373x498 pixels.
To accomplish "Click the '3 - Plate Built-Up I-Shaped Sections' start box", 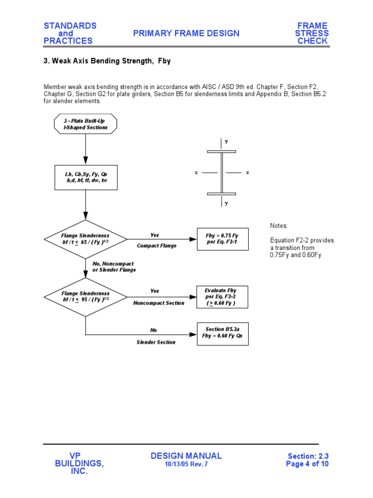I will pyautogui.click(x=85, y=124).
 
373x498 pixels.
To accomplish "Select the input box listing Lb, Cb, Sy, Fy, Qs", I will pyautogui.click(x=85, y=177).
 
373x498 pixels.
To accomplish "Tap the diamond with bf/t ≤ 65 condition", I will pyautogui.click(x=85, y=239).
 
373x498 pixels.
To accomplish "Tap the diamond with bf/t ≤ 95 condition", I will pyautogui.click(x=85, y=297).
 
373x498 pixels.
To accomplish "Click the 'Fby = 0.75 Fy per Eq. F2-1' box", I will pyautogui.click(x=222, y=239).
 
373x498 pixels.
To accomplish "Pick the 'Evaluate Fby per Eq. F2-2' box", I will pyautogui.click(x=222, y=297).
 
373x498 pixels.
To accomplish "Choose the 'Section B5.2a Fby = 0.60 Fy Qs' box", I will pyautogui.click(x=222, y=333).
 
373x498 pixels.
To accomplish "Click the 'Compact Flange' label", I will pyautogui.click(x=156, y=246).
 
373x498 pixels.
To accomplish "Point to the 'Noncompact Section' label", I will pyautogui.click(x=159, y=303).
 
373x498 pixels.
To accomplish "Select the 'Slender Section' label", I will pyautogui.click(x=156, y=342).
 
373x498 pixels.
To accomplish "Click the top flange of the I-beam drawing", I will pyautogui.click(x=221, y=151).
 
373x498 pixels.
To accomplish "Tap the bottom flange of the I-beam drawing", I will pyautogui.click(x=221, y=194).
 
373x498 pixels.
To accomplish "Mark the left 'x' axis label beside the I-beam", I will pyautogui.click(x=196, y=173).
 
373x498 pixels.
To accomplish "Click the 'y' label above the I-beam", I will pyautogui.click(x=226, y=142).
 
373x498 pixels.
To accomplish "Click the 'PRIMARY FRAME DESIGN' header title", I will pyautogui.click(x=186, y=33).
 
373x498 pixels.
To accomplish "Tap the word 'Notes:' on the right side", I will pyautogui.click(x=279, y=226).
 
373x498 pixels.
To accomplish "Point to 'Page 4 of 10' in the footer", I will pyautogui.click(x=307, y=464).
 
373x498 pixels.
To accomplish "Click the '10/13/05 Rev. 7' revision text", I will pyautogui.click(x=186, y=464).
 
